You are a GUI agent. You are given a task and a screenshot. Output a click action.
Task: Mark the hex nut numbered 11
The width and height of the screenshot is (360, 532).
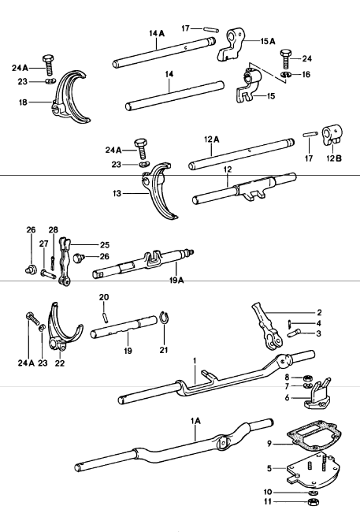[x=312, y=501]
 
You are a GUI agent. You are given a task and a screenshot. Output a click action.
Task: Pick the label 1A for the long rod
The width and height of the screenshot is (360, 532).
[x=195, y=422]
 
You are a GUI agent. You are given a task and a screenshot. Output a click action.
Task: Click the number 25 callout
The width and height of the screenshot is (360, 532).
[x=105, y=244]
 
